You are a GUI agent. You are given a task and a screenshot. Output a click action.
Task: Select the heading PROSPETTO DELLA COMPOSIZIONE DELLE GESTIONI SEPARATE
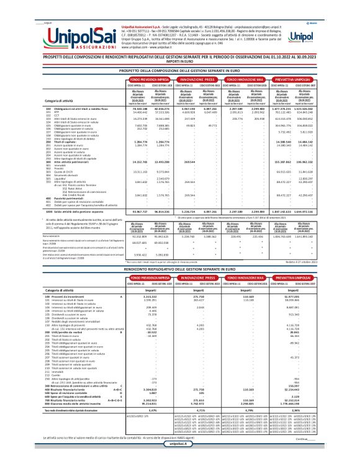[179, 73]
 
